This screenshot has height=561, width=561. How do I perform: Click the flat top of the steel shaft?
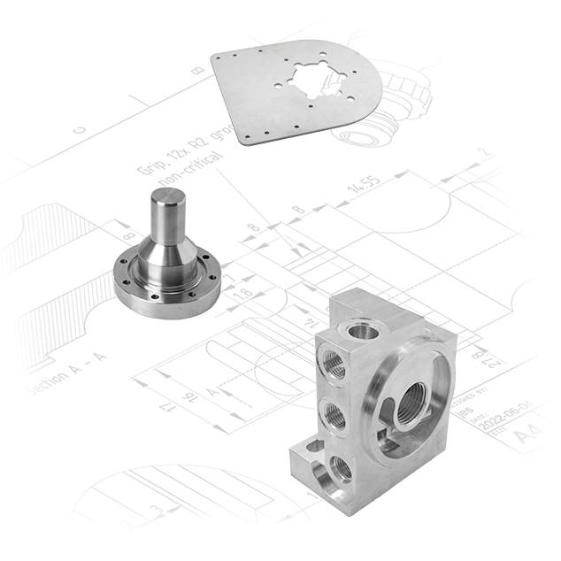coord(165,204)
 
